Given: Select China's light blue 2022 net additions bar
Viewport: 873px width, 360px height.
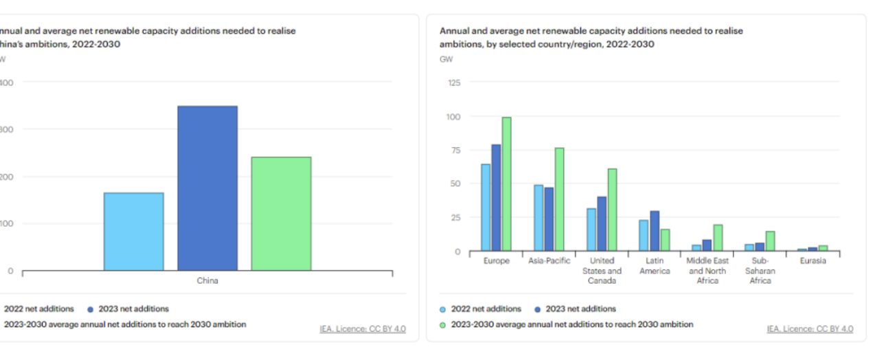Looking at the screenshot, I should (134, 232).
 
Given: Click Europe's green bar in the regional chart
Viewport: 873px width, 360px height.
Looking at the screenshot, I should (506, 184).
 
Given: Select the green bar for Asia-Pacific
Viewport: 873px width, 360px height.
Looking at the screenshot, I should (559, 199).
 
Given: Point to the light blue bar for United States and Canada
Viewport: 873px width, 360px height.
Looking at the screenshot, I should (591, 229).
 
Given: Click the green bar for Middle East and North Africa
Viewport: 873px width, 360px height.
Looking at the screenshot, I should (717, 238).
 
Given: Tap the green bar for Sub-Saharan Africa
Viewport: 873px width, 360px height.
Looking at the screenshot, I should (770, 241).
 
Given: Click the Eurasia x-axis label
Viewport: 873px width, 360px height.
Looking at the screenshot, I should (813, 261).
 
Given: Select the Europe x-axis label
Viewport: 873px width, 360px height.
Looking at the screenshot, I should (496, 261).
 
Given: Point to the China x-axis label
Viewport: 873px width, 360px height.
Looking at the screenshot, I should (207, 280).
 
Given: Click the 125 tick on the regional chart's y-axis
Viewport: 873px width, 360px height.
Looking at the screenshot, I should (455, 82).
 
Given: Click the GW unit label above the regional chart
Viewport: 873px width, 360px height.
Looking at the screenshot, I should (446, 59).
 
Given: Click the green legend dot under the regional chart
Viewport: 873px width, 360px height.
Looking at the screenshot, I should (443, 324).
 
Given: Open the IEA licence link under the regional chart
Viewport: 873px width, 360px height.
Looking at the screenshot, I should (810, 329).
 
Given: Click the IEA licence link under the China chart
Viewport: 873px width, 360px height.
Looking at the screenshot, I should (363, 329).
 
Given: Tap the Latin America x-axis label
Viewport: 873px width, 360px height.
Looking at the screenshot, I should (655, 266).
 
